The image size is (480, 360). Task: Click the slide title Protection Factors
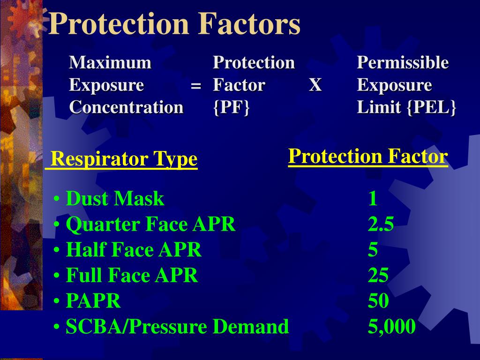(174, 24)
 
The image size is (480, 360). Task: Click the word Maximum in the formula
(111, 62)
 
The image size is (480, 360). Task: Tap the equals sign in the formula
(196, 86)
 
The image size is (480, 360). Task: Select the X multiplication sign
(315, 85)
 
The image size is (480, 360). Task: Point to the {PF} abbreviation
(231, 107)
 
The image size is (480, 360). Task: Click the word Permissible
(403, 62)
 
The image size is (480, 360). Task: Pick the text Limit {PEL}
(406, 107)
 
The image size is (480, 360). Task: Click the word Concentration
(126, 107)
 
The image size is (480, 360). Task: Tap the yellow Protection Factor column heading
(368, 156)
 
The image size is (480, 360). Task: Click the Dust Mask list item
(115, 199)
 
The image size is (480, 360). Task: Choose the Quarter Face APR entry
(150, 225)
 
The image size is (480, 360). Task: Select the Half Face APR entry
(134, 250)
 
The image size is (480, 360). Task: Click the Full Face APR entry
(132, 275)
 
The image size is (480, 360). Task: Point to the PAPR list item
(93, 301)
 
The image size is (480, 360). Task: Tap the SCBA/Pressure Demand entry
(177, 326)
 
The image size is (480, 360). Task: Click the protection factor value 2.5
(381, 225)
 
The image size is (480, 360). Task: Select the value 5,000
(391, 326)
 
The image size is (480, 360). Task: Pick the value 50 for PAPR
(378, 301)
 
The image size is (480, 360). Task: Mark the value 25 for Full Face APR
(378, 275)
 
